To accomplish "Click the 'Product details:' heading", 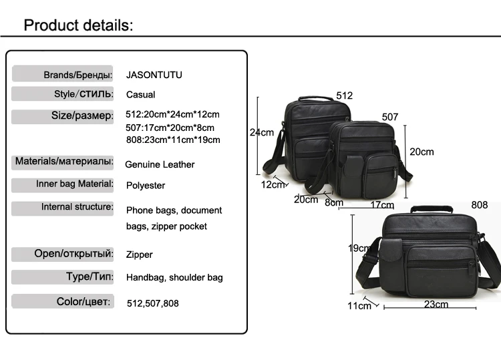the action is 79,25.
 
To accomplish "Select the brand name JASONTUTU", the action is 154,75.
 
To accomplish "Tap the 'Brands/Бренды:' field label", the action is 77,74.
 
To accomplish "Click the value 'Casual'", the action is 140,95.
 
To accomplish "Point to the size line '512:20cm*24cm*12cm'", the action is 172,114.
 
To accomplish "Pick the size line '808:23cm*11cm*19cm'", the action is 172,140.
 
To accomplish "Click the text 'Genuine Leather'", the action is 160,164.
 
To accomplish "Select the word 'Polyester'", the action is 146,185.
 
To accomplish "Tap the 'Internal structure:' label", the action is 77,207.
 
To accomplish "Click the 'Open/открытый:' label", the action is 73,254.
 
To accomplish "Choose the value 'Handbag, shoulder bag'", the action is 174,277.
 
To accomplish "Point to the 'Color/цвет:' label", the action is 83,302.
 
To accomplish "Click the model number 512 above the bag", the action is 344,96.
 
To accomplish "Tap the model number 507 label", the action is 390,117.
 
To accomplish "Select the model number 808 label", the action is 479,205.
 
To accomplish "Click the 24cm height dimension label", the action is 262,132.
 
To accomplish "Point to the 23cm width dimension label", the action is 436,305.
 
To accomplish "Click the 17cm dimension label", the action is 381,204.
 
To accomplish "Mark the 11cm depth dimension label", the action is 359,306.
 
